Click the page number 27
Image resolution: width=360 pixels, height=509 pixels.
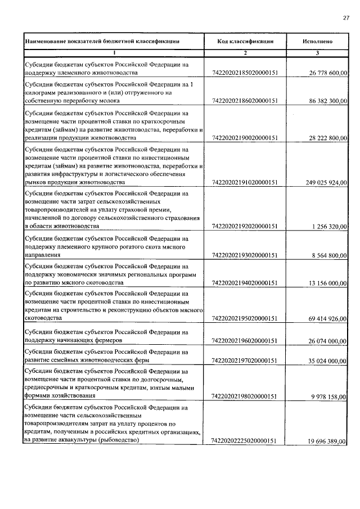[346, 18]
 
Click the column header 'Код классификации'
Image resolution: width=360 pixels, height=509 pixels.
[245, 41]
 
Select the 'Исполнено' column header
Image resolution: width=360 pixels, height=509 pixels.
[317, 41]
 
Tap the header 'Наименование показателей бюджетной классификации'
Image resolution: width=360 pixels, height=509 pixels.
[102, 41]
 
